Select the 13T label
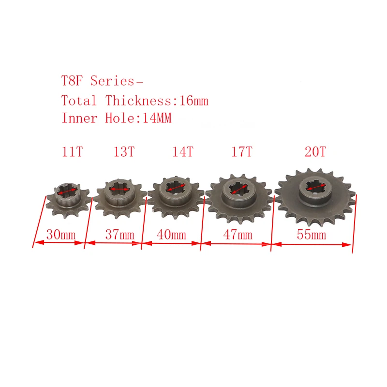(x=124, y=151)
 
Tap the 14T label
(x=182, y=151)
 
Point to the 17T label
(x=241, y=151)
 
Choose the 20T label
(x=315, y=151)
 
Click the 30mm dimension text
(x=60, y=235)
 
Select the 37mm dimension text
(x=119, y=235)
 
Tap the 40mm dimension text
(x=171, y=235)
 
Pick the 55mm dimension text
(x=311, y=235)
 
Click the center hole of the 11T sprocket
(x=67, y=192)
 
